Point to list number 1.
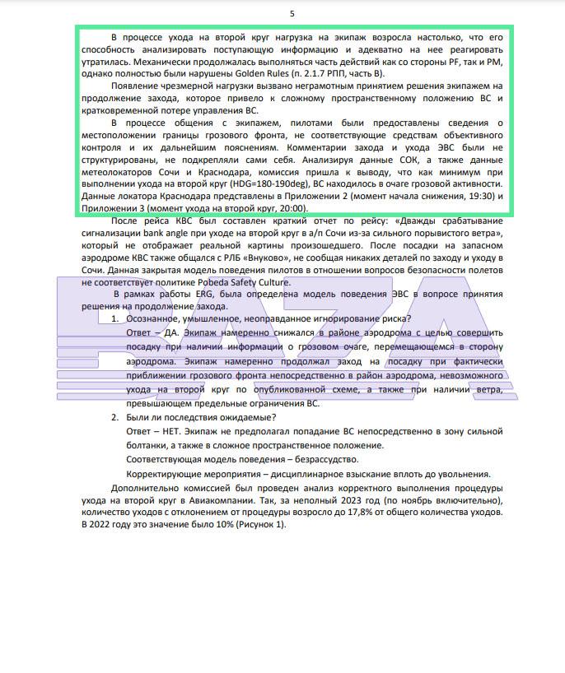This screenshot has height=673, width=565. (x=116, y=319)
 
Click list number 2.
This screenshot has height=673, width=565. (x=116, y=418)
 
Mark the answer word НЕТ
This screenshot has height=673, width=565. (x=175, y=430)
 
